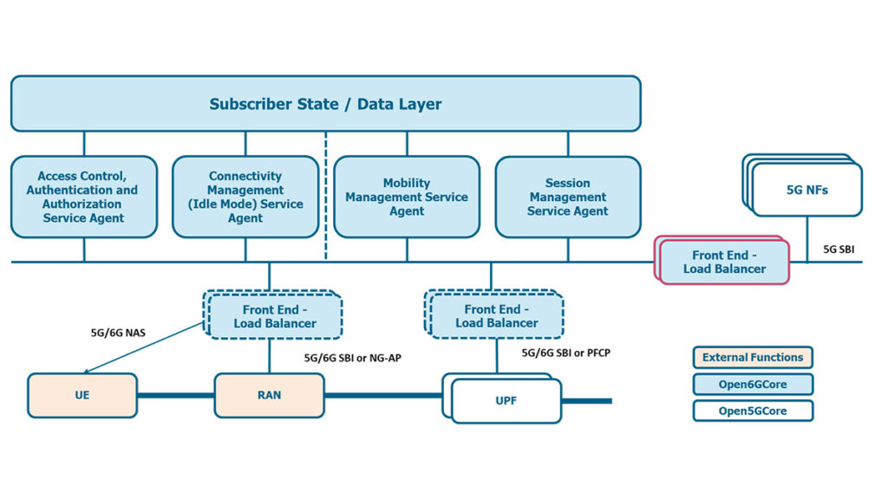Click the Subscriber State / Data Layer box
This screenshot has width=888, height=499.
coord(326,104)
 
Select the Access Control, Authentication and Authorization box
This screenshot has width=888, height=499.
coord(84,197)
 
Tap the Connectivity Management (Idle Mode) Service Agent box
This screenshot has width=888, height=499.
coord(245,197)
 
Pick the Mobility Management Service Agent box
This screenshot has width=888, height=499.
coord(407,197)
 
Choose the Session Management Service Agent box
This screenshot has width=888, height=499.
coord(568,197)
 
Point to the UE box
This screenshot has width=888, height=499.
coord(82,395)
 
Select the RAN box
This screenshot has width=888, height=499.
coord(269,395)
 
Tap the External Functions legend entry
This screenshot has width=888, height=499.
coord(753,357)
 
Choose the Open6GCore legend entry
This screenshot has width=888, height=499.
coord(753,384)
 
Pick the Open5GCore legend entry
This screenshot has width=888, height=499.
coord(753,411)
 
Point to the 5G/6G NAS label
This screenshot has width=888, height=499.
coord(118,333)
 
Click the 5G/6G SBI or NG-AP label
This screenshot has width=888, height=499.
coord(352,358)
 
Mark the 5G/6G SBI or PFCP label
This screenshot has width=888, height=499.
coord(565,353)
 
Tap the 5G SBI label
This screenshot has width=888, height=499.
coord(839,249)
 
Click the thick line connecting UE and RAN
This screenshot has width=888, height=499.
coord(175,395)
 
